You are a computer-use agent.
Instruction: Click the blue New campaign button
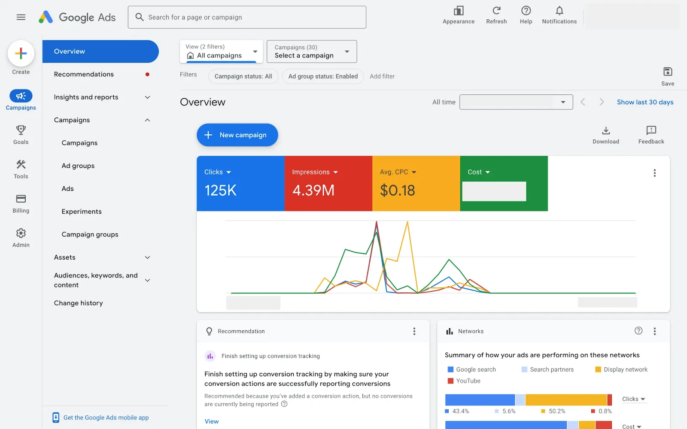pos(237,135)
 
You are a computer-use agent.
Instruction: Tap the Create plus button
pos(21,54)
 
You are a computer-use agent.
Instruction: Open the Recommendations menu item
pos(84,74)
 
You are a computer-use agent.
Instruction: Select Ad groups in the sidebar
pos(78,166)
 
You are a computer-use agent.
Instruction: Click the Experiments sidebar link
pos(82,211)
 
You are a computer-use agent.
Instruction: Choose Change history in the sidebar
pos(78,303)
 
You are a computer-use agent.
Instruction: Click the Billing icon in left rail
pos(21,199)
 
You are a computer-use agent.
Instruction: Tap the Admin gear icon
pos(21,233)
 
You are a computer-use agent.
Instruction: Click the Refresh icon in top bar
pos(496,11)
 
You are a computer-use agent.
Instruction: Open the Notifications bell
pos(559,11)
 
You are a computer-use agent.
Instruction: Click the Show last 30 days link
pos(645,102)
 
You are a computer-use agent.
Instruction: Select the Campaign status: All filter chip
pos(243,76)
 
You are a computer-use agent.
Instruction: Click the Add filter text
pos(382,76)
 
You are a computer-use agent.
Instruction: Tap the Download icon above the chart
pos(606,131)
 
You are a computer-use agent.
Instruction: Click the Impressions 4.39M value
pos(313,190)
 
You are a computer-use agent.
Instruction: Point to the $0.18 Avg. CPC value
pos(397,190)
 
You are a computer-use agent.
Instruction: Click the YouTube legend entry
pos(468,381)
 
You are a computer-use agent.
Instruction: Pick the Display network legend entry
pos(625,369)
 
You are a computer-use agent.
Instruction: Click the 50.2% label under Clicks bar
pos(557,411)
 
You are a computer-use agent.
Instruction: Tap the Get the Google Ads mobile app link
pos(106,417)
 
